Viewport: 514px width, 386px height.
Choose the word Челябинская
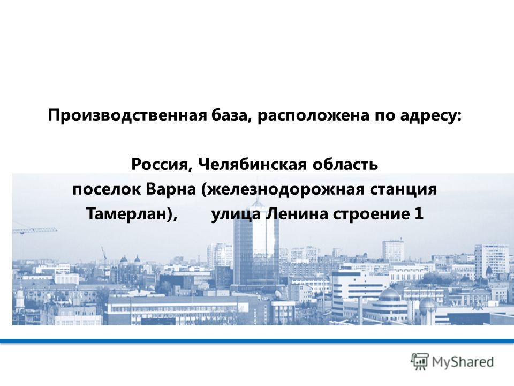click(252, 164)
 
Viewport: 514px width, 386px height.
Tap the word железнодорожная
click(283, 190)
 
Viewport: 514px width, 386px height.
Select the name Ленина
click(297, 214)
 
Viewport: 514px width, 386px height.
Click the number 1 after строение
click(419, 214)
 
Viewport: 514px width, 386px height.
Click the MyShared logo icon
click(420, 361)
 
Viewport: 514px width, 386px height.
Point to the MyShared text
click(463, 362)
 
